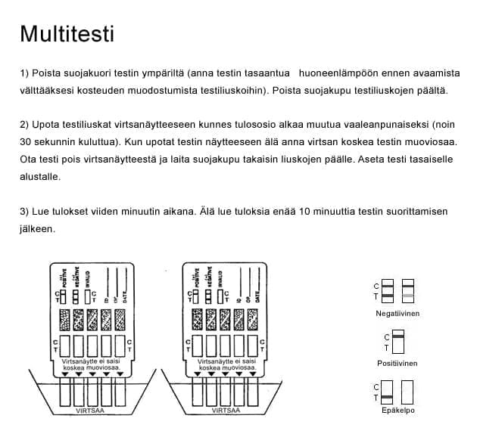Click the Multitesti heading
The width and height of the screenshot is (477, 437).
pos(67,35)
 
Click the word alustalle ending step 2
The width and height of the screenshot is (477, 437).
pos(40,176)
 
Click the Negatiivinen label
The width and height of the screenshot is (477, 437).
pos(397,313)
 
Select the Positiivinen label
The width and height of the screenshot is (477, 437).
pos(397,363)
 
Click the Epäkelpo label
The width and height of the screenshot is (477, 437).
pos(398,411)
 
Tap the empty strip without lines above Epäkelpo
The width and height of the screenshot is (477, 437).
pos(408,391)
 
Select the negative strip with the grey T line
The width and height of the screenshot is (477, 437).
pos(408,291)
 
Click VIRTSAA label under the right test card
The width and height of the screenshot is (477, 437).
pos(226,411)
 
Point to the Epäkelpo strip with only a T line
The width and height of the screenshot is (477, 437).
pos(387,391)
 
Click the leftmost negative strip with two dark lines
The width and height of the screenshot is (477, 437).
pos(387,291)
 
